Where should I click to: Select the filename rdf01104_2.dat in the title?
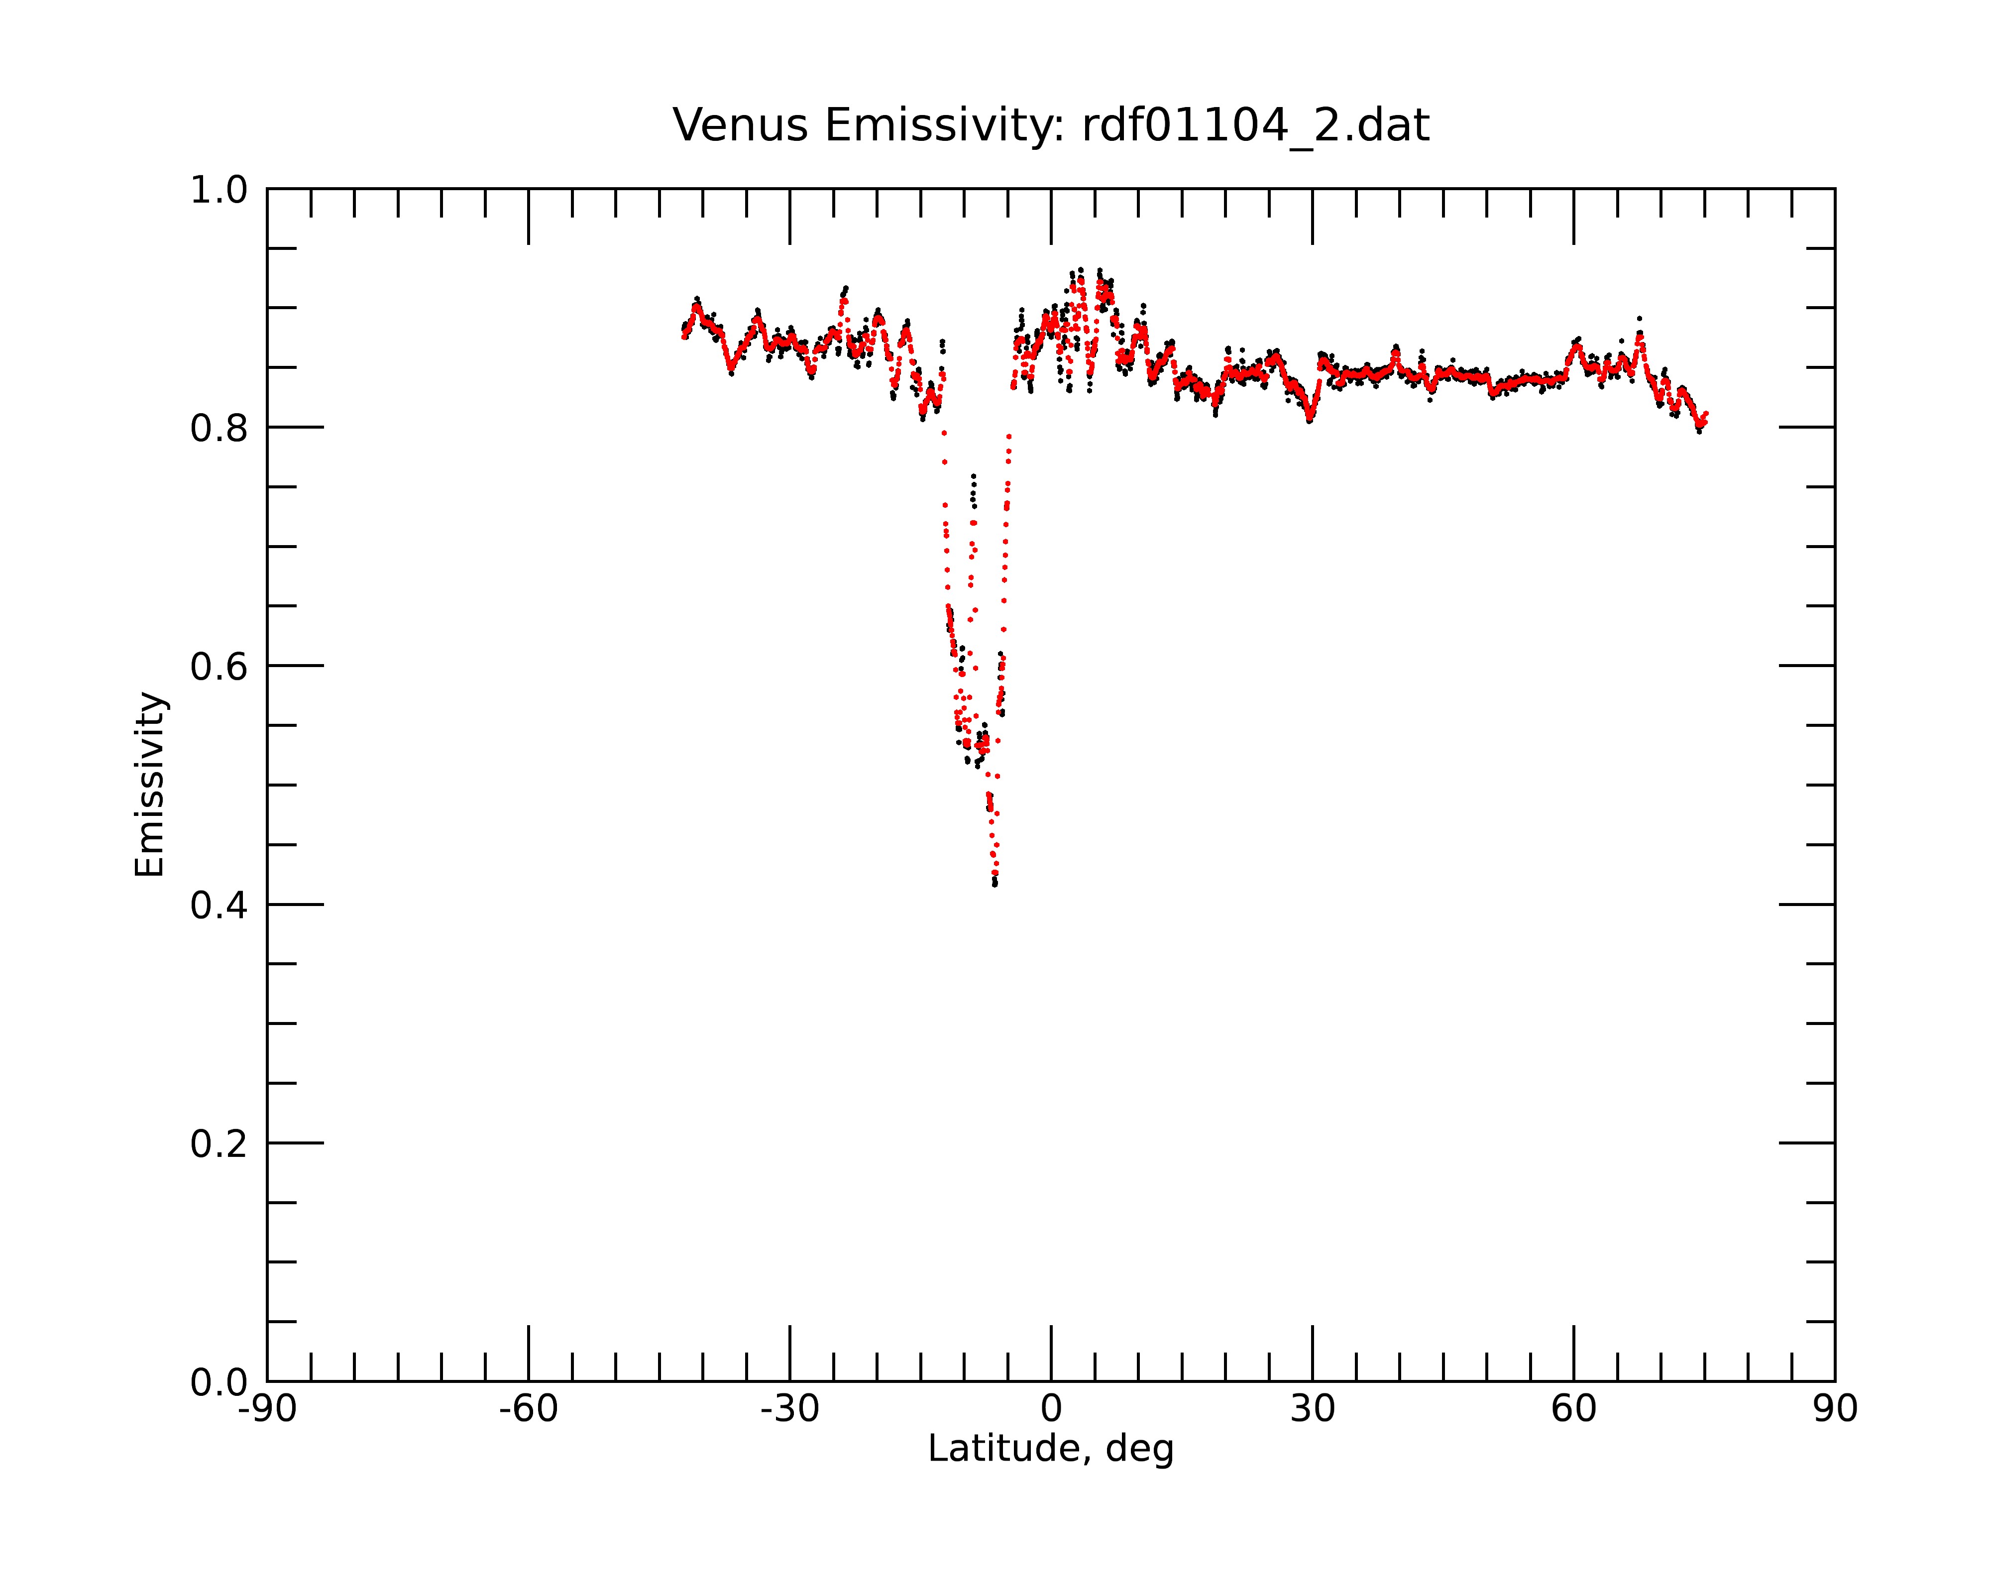coord(1255,126)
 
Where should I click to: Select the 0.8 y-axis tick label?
coord(219,429)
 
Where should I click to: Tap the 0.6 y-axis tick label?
coord(219,667)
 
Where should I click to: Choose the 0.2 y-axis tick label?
coord(219,1144)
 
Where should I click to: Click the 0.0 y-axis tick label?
coord(219,1382)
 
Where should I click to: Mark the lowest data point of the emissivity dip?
coord(995,885)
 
